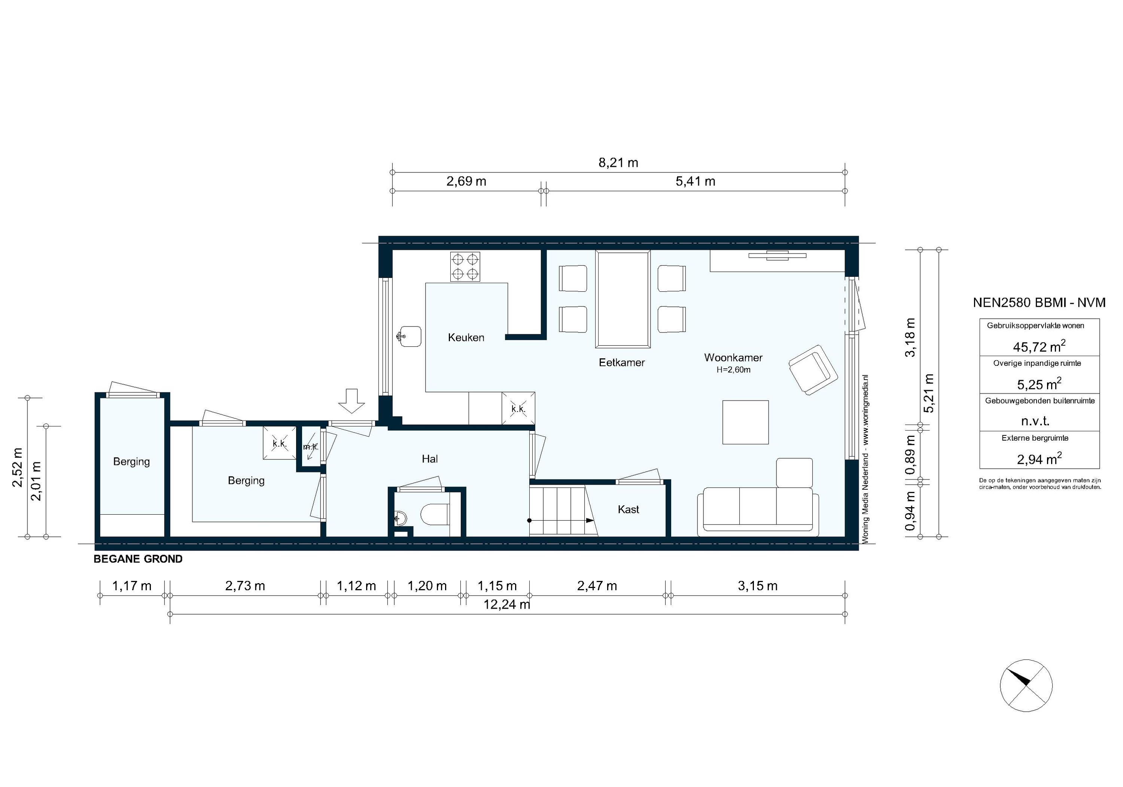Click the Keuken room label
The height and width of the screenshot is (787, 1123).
[x=466, y=338]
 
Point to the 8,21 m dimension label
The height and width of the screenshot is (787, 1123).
[x=618, y=163]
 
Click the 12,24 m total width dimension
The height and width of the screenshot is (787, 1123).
[x=507, y=605]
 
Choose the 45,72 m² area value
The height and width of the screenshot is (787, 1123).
[x=1039, y=347]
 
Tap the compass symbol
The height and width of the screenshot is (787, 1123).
[x=1026, y=685]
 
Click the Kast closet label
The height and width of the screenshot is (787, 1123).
[x=628, y=510]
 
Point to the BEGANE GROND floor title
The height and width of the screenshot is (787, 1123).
[x=138, y=559]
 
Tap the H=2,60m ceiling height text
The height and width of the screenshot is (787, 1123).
[x=733, y=370]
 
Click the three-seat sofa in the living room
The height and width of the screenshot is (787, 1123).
[x=758, y=511]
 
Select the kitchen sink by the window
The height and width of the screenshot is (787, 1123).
[x=409, y=336]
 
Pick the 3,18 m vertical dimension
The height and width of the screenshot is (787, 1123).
[x=909, y=338]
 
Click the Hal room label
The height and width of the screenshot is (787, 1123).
[x=429, y=459]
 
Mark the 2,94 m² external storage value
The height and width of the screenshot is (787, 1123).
[x=1039, y=459]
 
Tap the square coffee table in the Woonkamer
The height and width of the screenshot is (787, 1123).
[x=745, y=422]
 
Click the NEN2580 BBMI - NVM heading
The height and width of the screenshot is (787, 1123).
[x=1039, y=303]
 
